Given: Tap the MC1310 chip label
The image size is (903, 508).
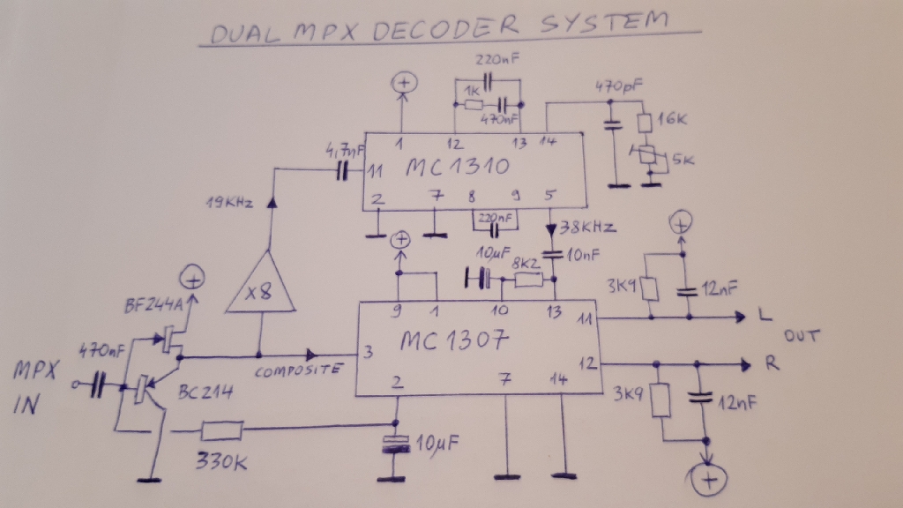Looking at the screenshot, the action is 458,167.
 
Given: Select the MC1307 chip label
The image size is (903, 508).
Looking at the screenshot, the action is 454,340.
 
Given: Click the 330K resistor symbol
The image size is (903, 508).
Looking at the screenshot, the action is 221,430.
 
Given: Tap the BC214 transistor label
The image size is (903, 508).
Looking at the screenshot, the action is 205,392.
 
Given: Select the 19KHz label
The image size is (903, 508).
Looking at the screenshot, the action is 229,202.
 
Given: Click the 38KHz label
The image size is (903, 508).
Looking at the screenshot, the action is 587,227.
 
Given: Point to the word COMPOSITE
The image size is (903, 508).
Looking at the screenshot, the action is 299,370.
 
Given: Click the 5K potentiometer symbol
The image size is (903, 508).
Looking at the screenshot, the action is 648,154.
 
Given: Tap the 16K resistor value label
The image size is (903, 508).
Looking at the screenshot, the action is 673,119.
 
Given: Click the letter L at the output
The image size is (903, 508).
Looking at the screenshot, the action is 765,315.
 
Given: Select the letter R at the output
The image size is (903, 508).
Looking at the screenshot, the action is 772,363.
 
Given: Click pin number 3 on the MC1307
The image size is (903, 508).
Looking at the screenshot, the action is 368,351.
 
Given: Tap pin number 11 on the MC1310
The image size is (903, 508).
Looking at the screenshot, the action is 376,171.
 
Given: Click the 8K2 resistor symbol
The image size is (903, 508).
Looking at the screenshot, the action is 528,280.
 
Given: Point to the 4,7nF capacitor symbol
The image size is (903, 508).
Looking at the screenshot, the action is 343,171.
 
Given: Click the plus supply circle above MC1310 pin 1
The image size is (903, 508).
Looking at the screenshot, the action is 404,83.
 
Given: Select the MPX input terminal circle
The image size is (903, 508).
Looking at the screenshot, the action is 74,385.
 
